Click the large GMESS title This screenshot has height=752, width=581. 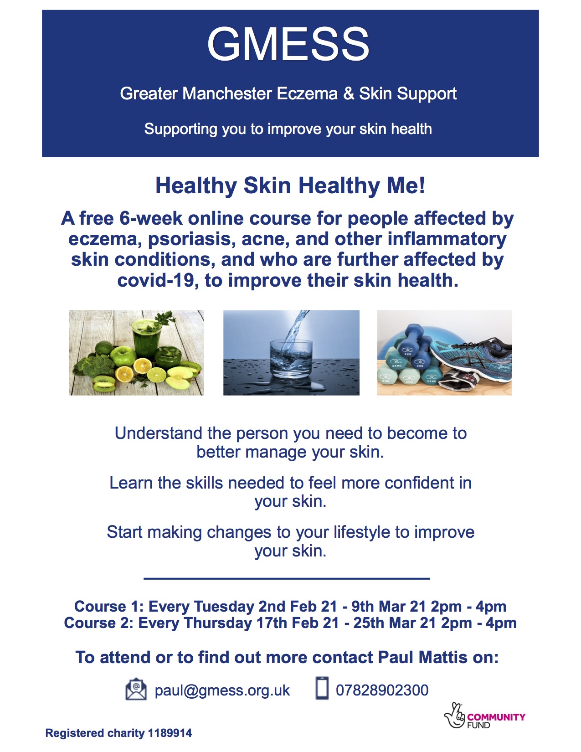(x=288, y=45)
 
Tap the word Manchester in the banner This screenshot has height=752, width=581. (x=227, y=93)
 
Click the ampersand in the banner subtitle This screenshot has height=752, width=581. (x=349, y=93)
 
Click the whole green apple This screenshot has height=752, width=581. (x=123, y=356)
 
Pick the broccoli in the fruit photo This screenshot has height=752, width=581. (x=93, y=366)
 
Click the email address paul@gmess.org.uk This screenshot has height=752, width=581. (x=222, y=690)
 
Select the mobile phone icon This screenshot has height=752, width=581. (x=322, y=688)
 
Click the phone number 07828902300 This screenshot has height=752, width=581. (x=382, y=690)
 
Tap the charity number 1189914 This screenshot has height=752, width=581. (x=170, y=733)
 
